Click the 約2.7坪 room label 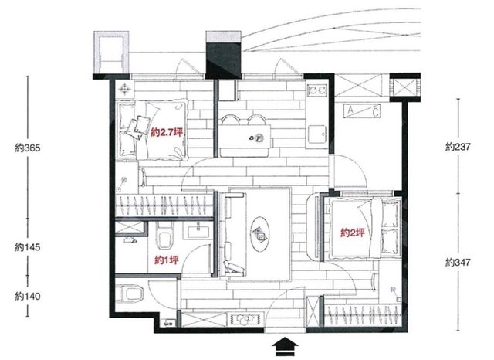[x=167, y=133]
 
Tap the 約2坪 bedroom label [x=353, y=233]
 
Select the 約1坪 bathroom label [x=167, y=260]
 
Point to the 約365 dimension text [x=28, y=148]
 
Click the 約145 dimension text [x=28, y=247]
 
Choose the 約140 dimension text [x=28, y=297]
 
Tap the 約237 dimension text [x=458, y=147]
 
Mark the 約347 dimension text [x=458, y=262]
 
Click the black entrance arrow [x=285, y=347]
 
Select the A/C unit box [x=362, y=111]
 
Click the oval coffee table [x=260, y=233]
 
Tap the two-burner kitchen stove [x=317, y=90]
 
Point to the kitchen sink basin [x=317, y=134]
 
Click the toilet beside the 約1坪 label [x=164, y=236]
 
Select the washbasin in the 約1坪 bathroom [x=198, y=232]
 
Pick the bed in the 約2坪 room [x=364, y=229]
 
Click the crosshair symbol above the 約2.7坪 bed [x=125, y=89]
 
